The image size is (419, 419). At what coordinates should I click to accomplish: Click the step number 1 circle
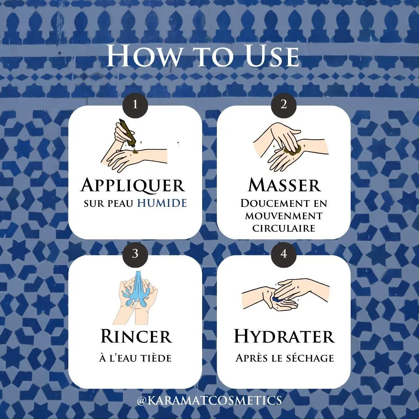(x=135, y=105)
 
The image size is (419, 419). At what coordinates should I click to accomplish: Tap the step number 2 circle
(x=284, y=105)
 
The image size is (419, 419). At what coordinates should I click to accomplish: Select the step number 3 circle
(x=135, y=254)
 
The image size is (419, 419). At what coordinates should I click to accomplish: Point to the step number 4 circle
(x=284, y=254)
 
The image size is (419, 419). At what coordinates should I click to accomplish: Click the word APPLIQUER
(x=133, y=185)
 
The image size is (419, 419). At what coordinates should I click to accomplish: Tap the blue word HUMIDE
(x=162, y=203)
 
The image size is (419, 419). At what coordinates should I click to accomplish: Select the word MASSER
(x=284, y=185)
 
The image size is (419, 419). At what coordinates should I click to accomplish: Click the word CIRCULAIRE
(x=284, y=229)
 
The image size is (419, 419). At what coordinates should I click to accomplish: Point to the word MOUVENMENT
(x=284, y=216)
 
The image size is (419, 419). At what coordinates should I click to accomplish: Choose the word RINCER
(x=136, y=336)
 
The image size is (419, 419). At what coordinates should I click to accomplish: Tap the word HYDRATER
(x=284, y=336)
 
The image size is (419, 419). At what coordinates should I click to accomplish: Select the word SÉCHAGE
(x=310, y=358)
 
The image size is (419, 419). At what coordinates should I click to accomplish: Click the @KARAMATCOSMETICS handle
(x=209, y=400)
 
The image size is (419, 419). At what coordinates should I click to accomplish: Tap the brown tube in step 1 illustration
(x=128, y=133)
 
